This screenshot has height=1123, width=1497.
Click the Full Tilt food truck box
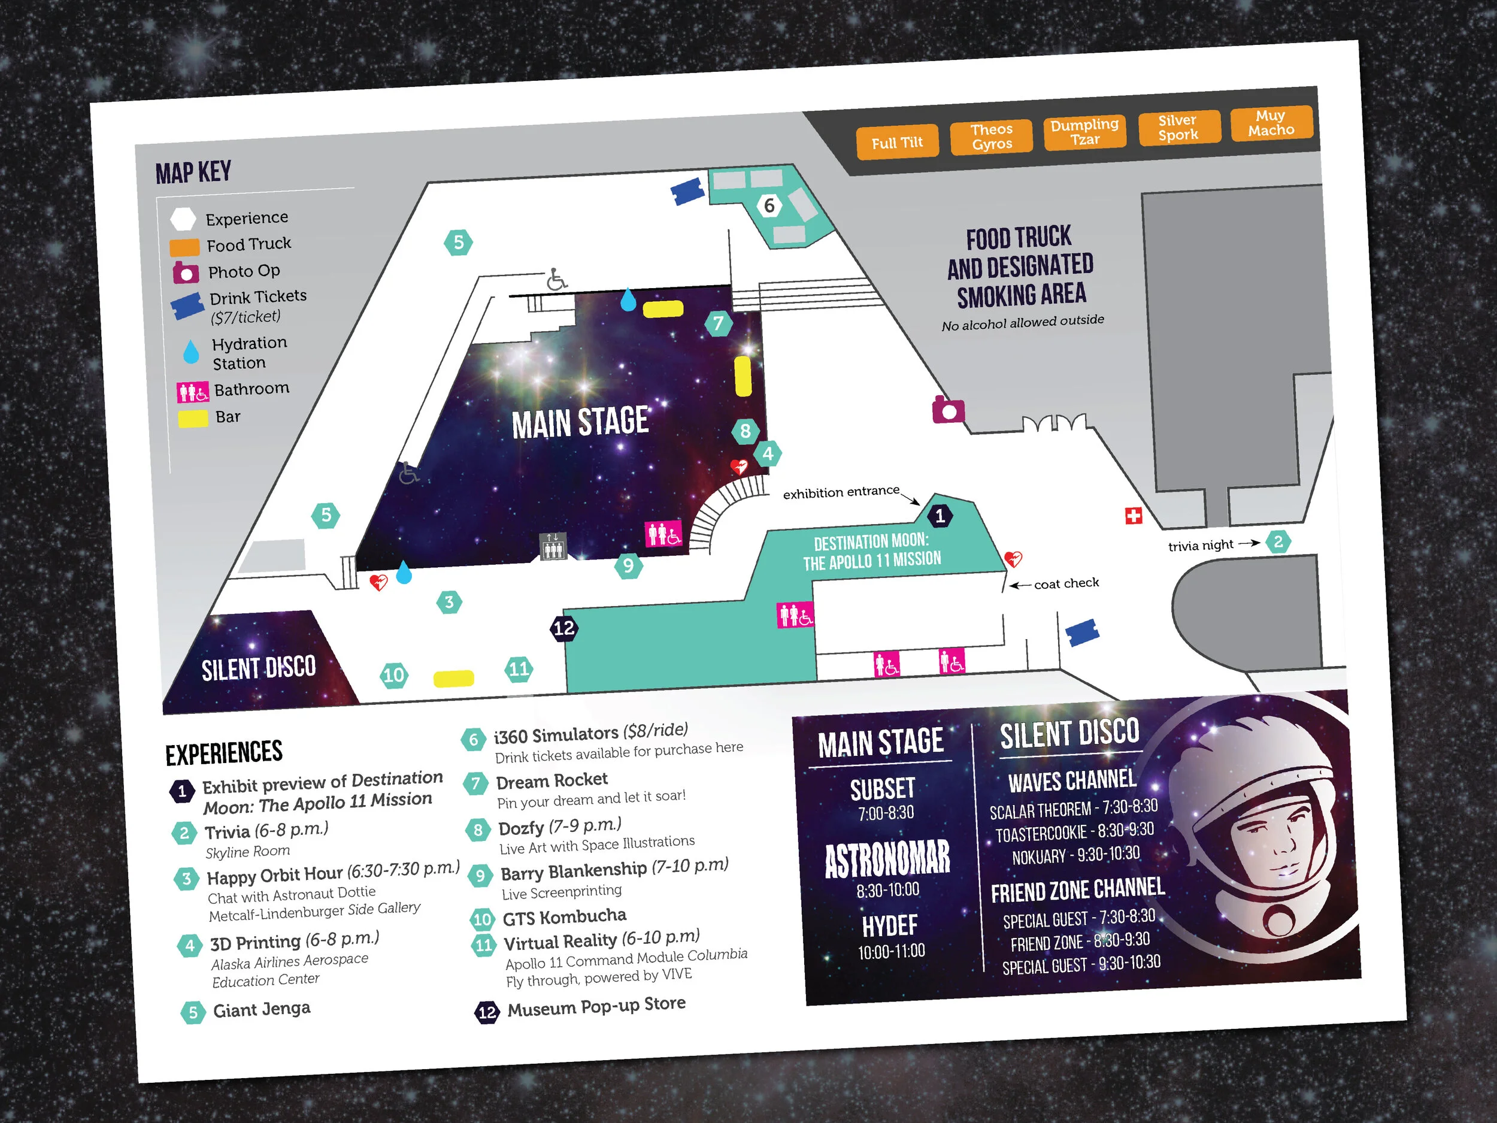click(x=897, y=142)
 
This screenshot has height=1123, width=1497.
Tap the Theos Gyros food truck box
click(x=992, y=136)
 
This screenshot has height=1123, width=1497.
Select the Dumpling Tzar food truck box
click(x=1084, y=131)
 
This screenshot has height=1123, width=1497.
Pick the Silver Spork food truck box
click(x=1178, y=127)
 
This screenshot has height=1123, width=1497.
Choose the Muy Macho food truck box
click(x=1271, y=123)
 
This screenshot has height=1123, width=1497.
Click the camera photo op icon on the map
click(x=948, y=410)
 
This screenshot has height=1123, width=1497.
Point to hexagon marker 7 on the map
click(x=719, y=323)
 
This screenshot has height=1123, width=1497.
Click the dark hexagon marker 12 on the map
click(x=563, y=628)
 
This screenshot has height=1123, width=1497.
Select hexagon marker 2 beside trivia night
click(x=1278, y=541)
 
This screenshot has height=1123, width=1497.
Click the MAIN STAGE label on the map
click(x=580, y=422)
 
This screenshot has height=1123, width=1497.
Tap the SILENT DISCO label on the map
click(x=259, y=668)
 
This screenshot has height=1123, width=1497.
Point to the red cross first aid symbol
click(x=1134, y=516)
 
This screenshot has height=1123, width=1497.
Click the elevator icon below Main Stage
click(x=552, y=546)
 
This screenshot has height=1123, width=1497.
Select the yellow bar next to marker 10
click(x=453, y=677)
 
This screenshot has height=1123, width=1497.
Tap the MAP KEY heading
click(x=193, y=172)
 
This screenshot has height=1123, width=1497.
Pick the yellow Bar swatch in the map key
click(x=193, y=418)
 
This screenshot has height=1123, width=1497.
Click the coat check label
click(x=1066, y=583)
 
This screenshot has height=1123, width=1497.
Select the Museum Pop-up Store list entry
click(x=596, y=1007)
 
